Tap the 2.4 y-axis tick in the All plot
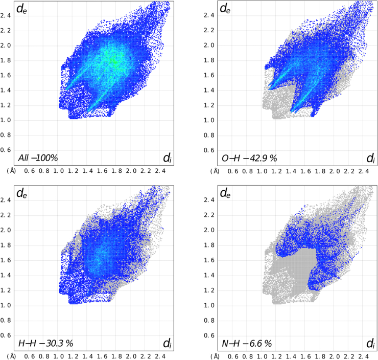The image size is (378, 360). (7, 15)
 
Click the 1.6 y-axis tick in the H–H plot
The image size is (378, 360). (7, 260)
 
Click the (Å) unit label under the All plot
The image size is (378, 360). (12, 171)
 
